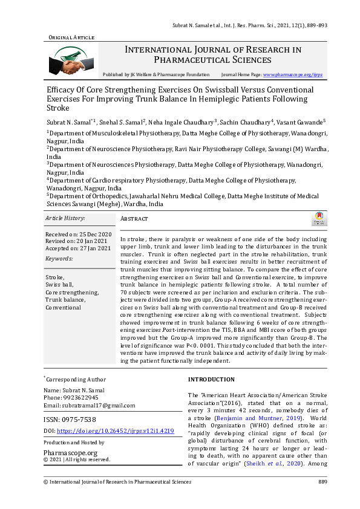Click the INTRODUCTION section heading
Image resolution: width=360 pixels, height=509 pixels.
click(211, 380)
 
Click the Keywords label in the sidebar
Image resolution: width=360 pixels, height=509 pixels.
click(59, 259)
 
